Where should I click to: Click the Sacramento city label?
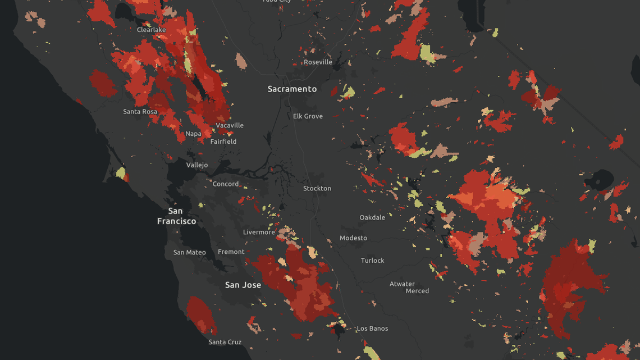[x=292, y=89]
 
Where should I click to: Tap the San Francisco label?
[x=176, y=216]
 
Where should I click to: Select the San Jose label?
[x=243, y=285]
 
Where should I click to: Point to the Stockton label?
[x=317, y=188]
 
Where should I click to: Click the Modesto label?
[x=353, y=238]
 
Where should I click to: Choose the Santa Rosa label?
[x=140, y=112]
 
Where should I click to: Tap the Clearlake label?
[x=152, y=30]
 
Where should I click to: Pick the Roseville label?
[x=318, y=62]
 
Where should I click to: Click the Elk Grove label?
[x=308, y=116]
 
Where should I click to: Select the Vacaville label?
[x=230, y=125]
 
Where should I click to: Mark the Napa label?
[x=193, y=134]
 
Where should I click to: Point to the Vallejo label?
[x=197, y=165]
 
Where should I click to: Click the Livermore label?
[x=259, y=232]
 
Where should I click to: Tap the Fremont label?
[x=231, y=252]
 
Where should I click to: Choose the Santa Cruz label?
[x=225, y=342]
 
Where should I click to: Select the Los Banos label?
[x=372, y=329]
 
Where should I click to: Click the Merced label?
[x=417, y=291]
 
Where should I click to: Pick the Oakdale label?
[x=372, y=217]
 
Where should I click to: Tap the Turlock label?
[x=373, y=261]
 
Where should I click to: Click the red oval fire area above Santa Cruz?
[x=201, y=316]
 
